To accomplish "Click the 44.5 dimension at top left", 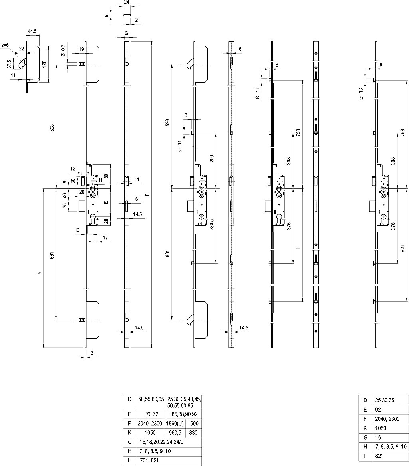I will (x=32, y=30).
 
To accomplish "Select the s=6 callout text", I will (x=5, y=45).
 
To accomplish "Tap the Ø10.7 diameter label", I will (x=63, y=52).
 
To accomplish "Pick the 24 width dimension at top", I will (x=126, y=2).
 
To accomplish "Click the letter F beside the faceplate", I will (x=147, y=195).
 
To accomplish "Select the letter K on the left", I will (x=39, y=274).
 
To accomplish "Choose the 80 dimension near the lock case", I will (x=106, y=176).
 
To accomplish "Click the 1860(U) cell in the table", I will (x=175, y=424).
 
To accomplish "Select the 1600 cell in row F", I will (x=193, y=424).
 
